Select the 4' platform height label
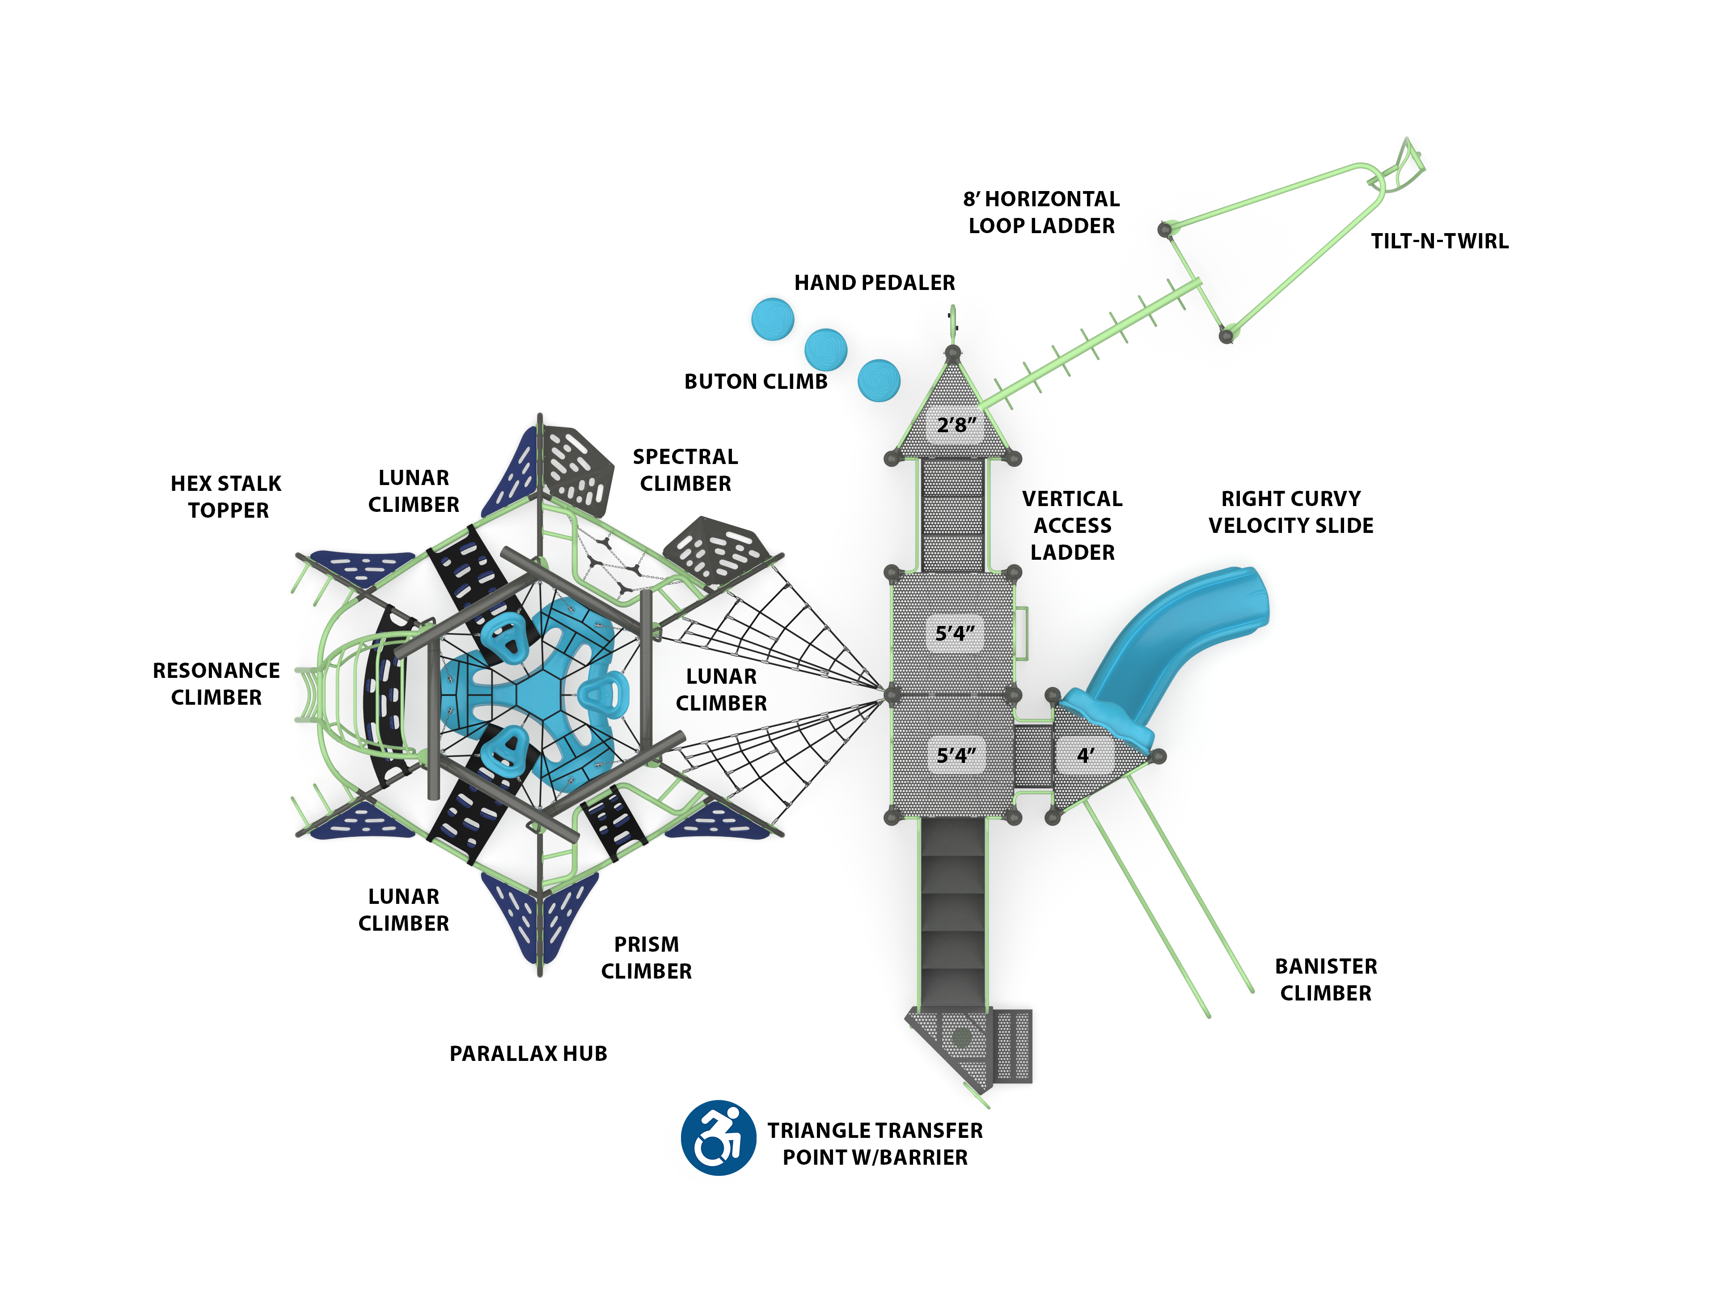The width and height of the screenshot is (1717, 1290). (1085, 754)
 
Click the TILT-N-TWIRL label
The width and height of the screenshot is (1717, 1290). (1439, 241)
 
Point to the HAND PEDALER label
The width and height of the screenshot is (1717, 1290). (874, 283)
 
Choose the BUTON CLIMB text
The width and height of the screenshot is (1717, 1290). (755, 381)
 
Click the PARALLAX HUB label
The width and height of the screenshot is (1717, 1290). (528, 1053)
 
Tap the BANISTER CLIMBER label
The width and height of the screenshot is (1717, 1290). (1326, 979)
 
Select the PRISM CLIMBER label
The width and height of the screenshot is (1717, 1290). (646, 958)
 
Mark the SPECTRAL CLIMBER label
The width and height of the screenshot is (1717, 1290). (685, 470)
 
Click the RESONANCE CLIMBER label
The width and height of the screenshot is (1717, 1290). (216, 683)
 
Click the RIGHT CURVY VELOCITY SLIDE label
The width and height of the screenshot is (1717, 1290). (1290, 512)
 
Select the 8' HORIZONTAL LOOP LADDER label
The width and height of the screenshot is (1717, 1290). (1041, 212)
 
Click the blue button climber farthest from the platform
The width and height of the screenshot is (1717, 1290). (772, 319)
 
